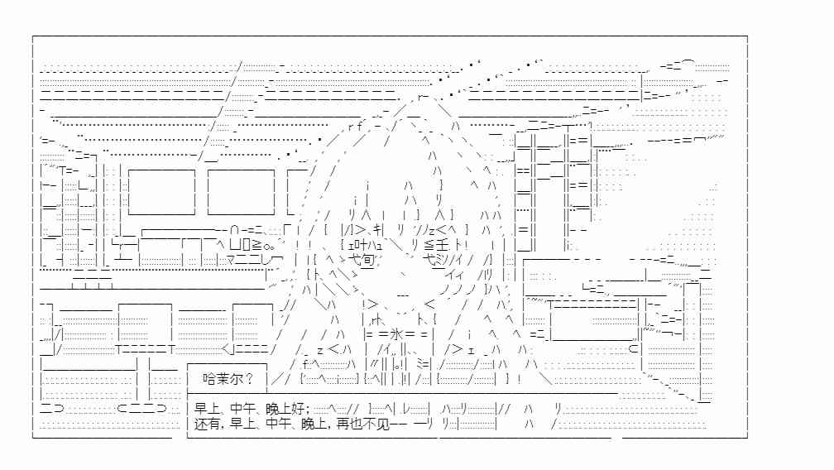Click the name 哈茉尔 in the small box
(221, 378)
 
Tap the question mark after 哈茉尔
(248, 378)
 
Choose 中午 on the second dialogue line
(278, 424)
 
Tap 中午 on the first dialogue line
(243, 409)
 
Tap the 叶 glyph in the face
(357, 245)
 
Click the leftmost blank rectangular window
(161, 192)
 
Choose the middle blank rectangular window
(241, 192)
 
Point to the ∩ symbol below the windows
(235, 231)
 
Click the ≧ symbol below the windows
(256, 245)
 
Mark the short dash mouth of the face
(403, 295)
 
